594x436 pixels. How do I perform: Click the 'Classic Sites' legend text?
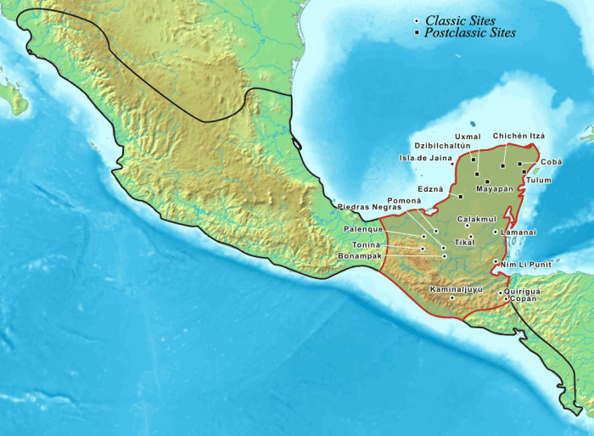[x=462, y=20]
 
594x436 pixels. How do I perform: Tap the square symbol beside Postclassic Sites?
[x=416, y=33]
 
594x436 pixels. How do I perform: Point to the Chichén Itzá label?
[x=518, y=136]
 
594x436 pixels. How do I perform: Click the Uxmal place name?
[x=468, y=136]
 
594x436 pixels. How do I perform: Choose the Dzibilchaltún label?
[x=440, y=146]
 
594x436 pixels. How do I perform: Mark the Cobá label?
[x=551, y=161]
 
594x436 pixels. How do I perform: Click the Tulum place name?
[x=538, y=180]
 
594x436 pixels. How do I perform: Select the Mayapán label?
[x=495, y=188]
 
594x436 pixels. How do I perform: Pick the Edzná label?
[x=430, y=189]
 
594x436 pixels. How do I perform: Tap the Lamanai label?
[x=518, y=232]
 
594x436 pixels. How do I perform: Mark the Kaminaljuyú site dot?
[x=452, y=298]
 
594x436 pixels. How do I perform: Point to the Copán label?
[x=521, y=299]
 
